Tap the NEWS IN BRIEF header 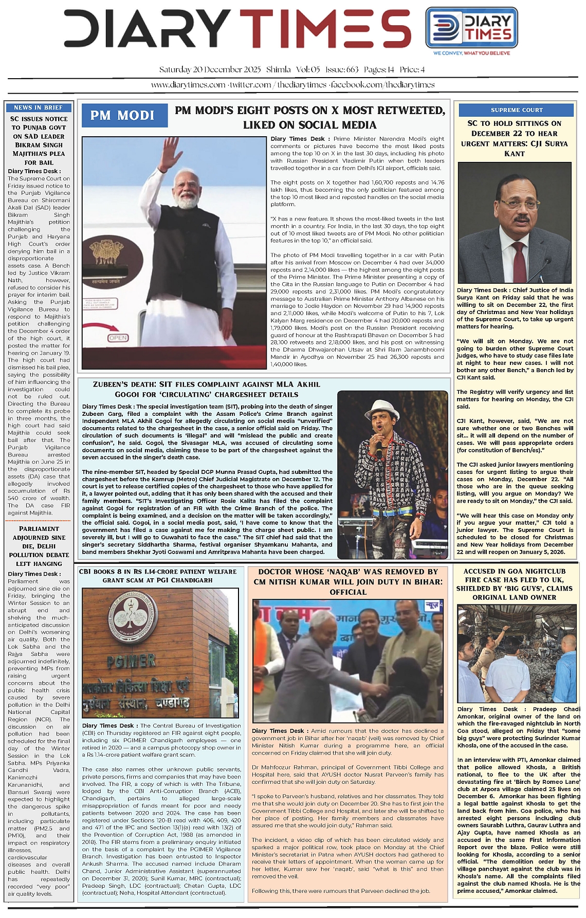(x=39, y=107)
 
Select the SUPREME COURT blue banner (x=516, y=110)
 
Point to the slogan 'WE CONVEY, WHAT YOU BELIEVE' (x=471, y=53)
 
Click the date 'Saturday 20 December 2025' (x=210, y=70)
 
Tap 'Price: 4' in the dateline (x=412, y=70)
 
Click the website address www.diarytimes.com (x=188, y=85)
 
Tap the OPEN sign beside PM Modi (x=118, y=338)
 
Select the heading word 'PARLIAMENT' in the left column (x=39, y=528)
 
